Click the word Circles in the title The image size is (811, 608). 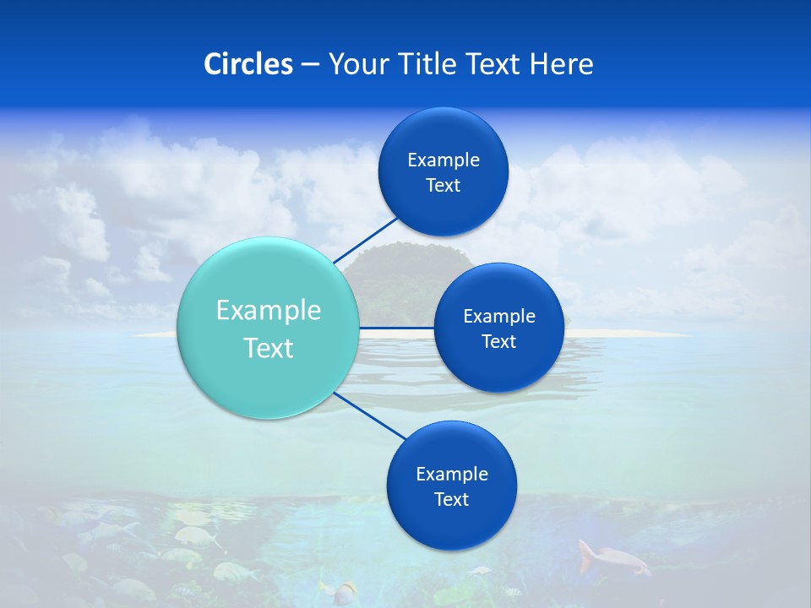[x=248, y=64]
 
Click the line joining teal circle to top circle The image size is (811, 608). [x=365, y=240]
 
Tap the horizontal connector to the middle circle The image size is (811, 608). [x=397, y=328]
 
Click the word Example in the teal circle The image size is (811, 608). [x=269, y=310]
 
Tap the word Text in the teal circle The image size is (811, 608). [x=269, y=348]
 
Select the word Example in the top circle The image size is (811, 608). [x=443, y=160]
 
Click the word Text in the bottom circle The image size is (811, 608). [x=451, y=499]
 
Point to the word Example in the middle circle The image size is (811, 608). [x=498, y=316]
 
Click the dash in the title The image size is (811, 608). [x=310, y=64]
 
